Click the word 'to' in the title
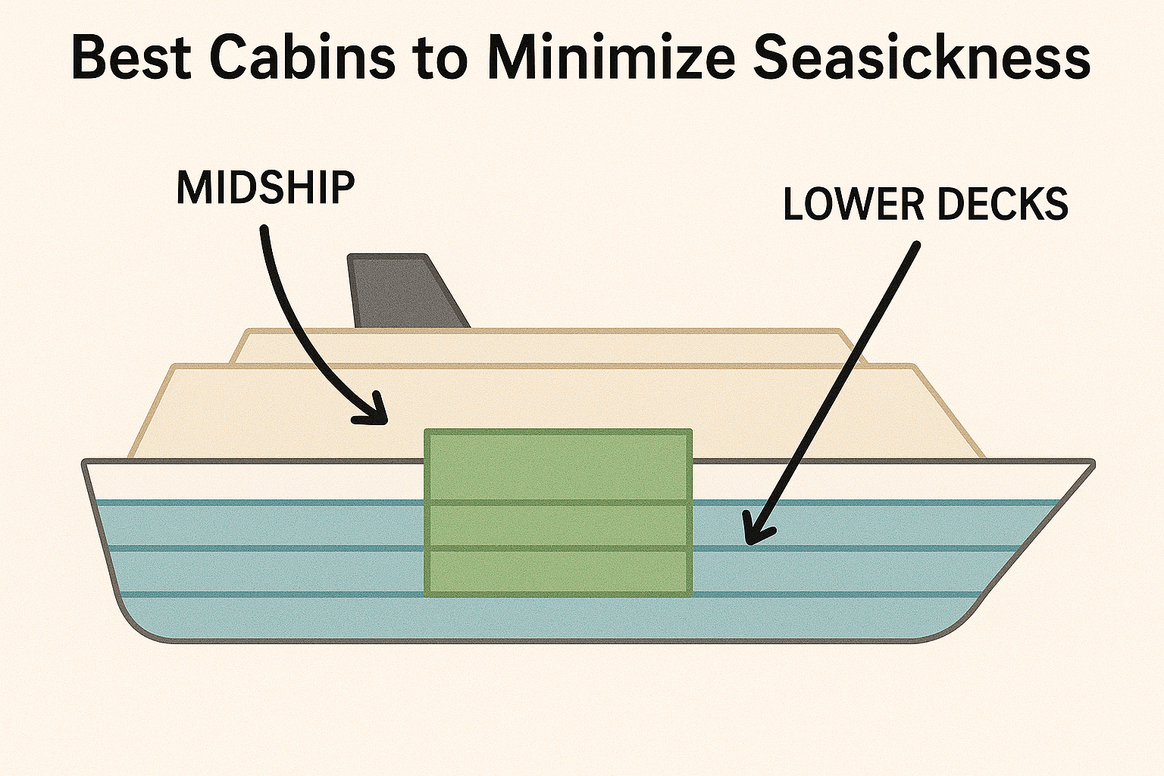(443, 61)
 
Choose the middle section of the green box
(558, 525)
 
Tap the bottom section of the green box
(558, 572)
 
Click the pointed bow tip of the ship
(1091, 462)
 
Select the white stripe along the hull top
(227, 480)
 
